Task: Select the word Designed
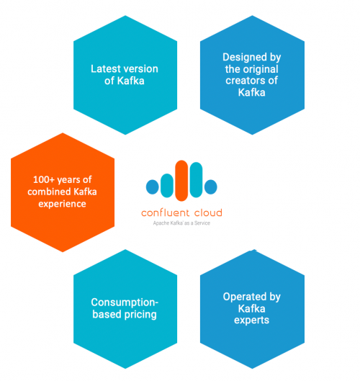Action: pyautogui.click(x=241, y=58)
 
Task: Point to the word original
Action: pyautogui.click(x=261, y=69)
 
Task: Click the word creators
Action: pyautogui.click(x=246, y=81)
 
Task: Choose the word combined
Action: pyautogui.click(x=49, y=192)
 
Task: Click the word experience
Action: pyautogui.click(x=62, y=204)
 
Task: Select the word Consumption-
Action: pyautogui.click(x=125, y=302)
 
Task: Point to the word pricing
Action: pyautogui.click(x=140, y=315)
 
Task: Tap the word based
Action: pyautogui.click(x=107, y=314)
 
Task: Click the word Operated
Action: pyautogui.click(x=241, y=297)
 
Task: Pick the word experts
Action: pyautogui.click(x=252, y=321)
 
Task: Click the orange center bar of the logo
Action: pyautogui.click(x=181, y=181)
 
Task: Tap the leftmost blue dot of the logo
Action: pyautogui.click(x=153, y=187)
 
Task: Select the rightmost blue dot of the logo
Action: pyautogui.click(x=211, y=187)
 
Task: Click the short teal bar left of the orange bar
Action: pyautogui.click(x=167, y=185)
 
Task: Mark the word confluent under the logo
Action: pyautogui.click(x=165, y=213)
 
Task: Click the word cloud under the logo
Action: pyautogui.click(x=208, y=213)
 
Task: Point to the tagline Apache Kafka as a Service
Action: pyautogui.click(x=181, y=223)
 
